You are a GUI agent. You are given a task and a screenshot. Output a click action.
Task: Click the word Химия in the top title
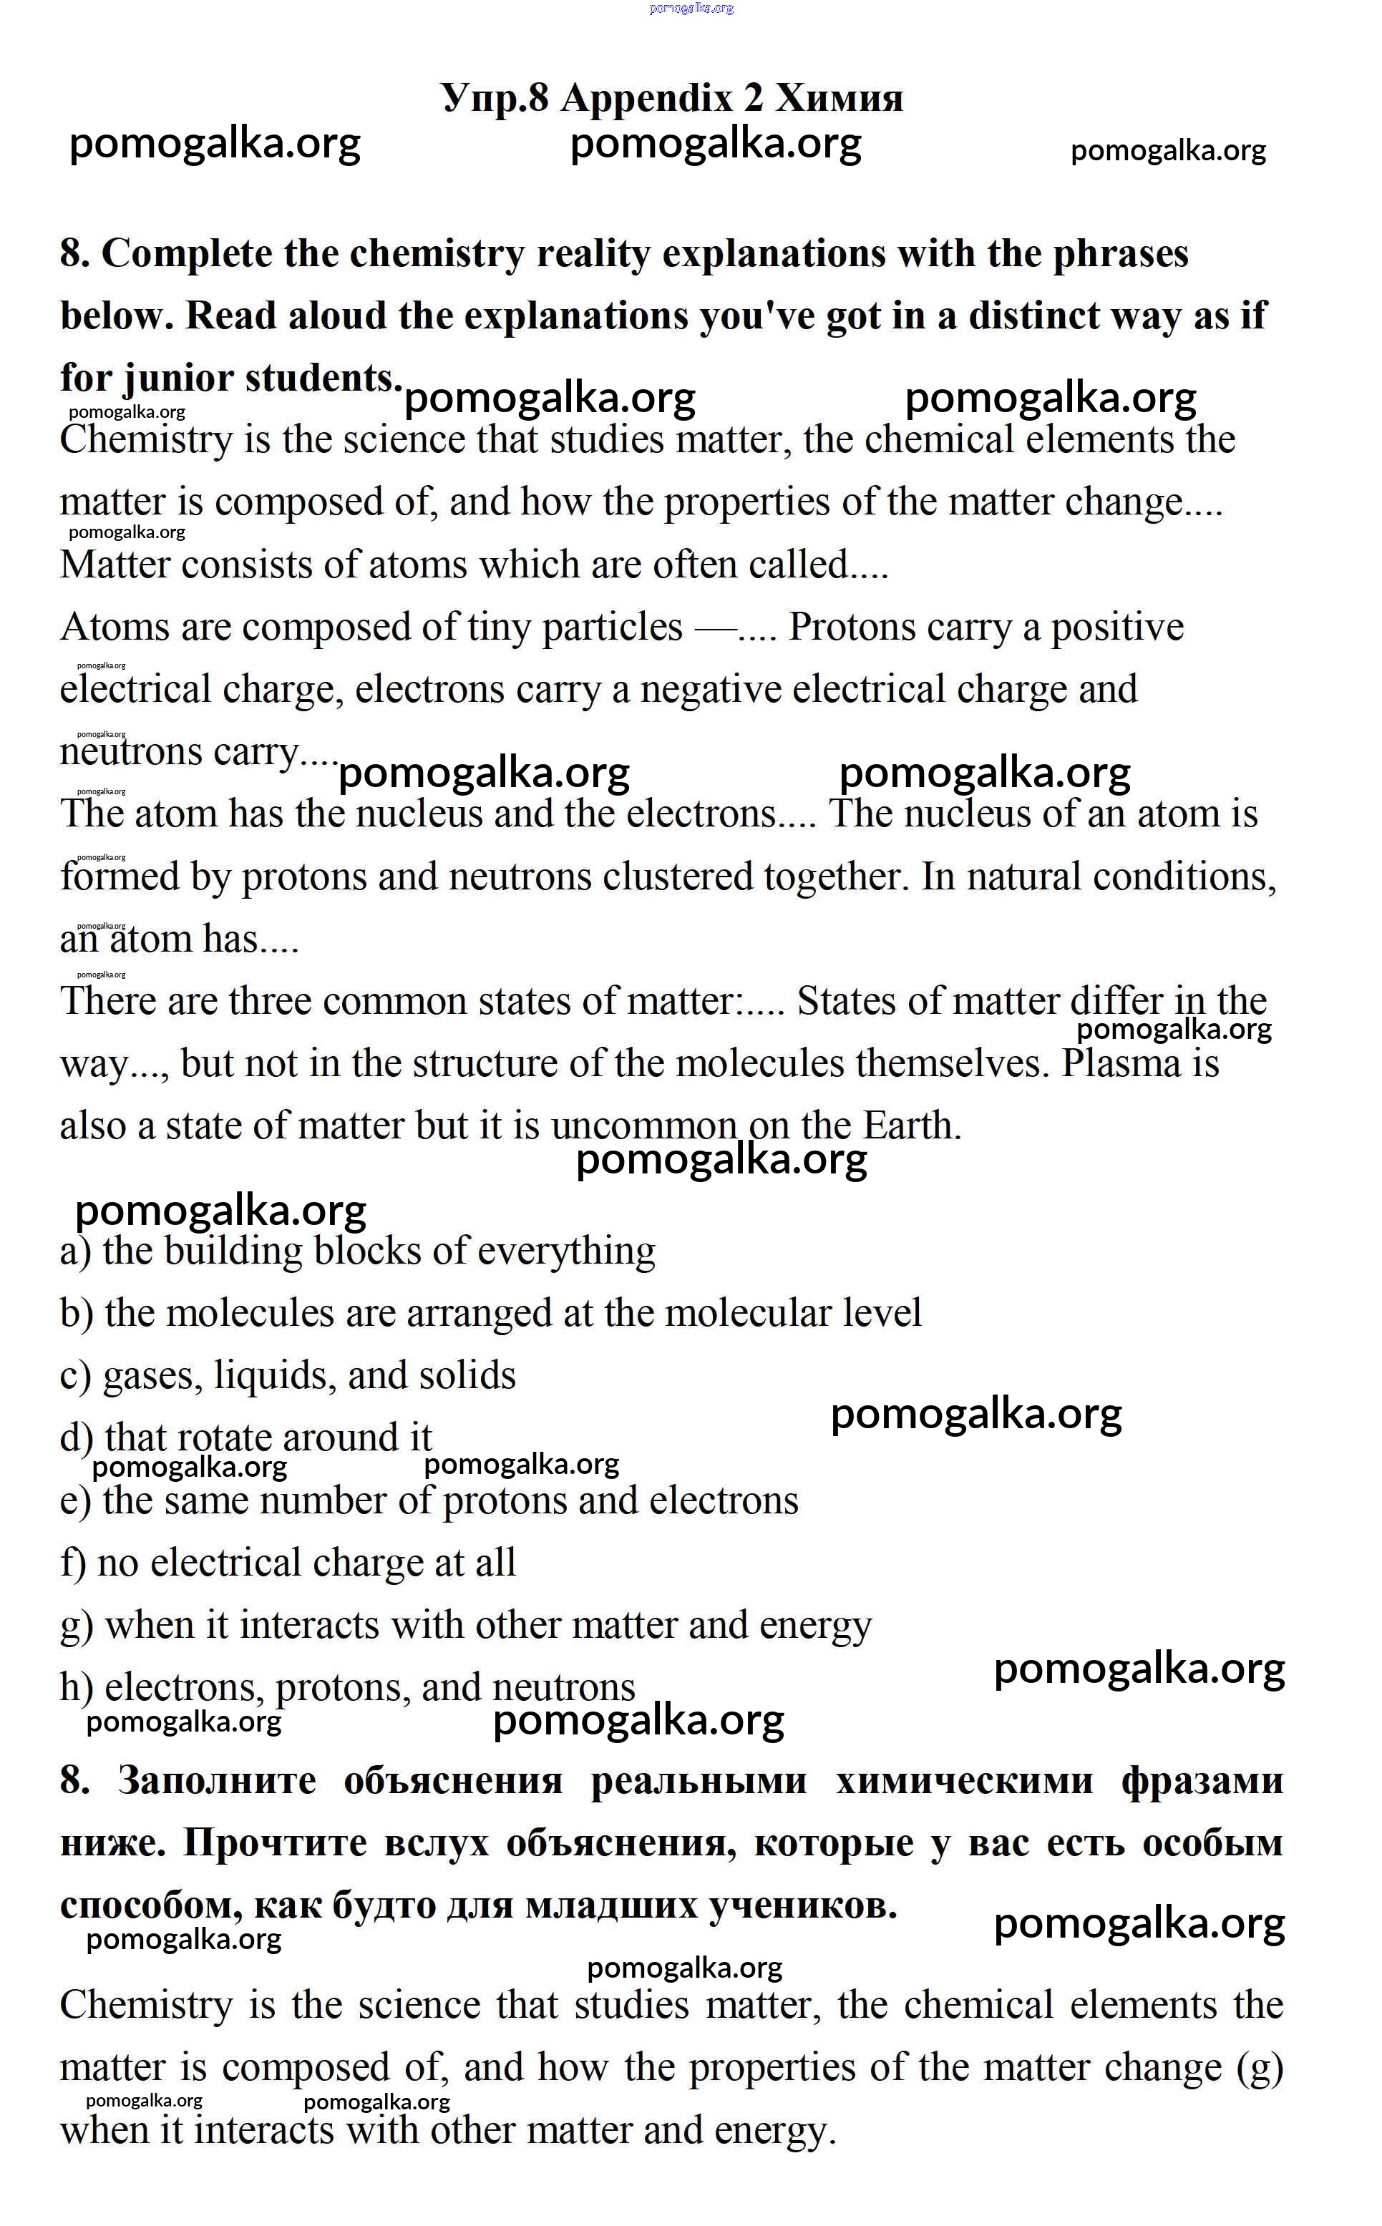pos(839,98)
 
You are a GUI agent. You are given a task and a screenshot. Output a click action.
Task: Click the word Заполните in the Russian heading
pos(217,1781)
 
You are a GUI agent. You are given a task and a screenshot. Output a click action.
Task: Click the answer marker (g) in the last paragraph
pos(1259,2067)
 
